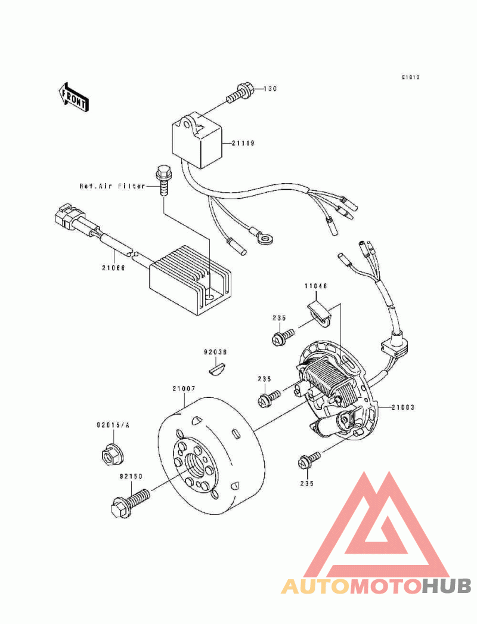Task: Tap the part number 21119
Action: [x=243, y=144]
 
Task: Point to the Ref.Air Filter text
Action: [x=113, y=186]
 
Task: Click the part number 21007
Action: [x=184, y=388]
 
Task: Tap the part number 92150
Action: [x=130, y=477]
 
